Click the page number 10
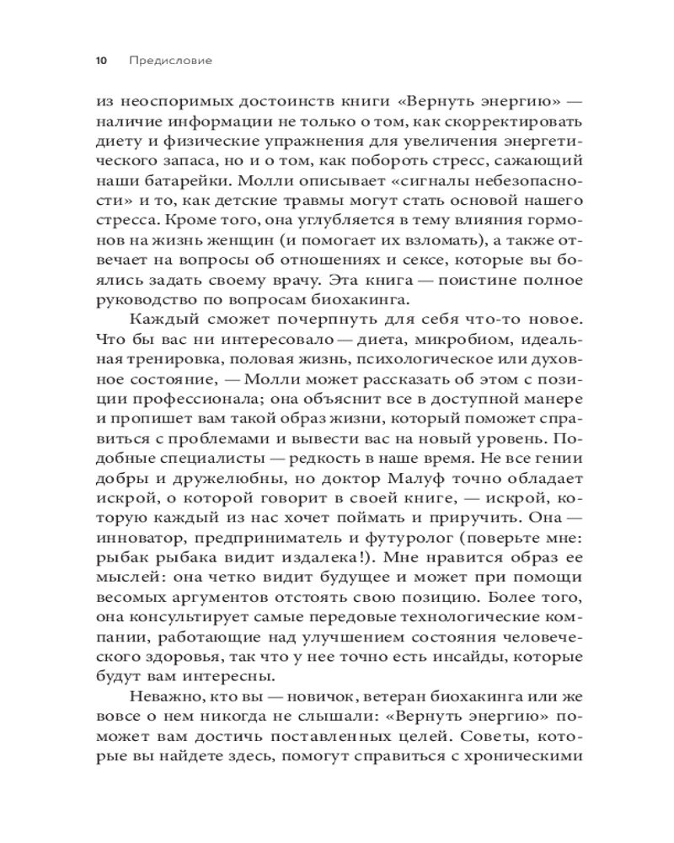[x=102, y=61]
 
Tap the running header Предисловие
[x=171, y=61]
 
